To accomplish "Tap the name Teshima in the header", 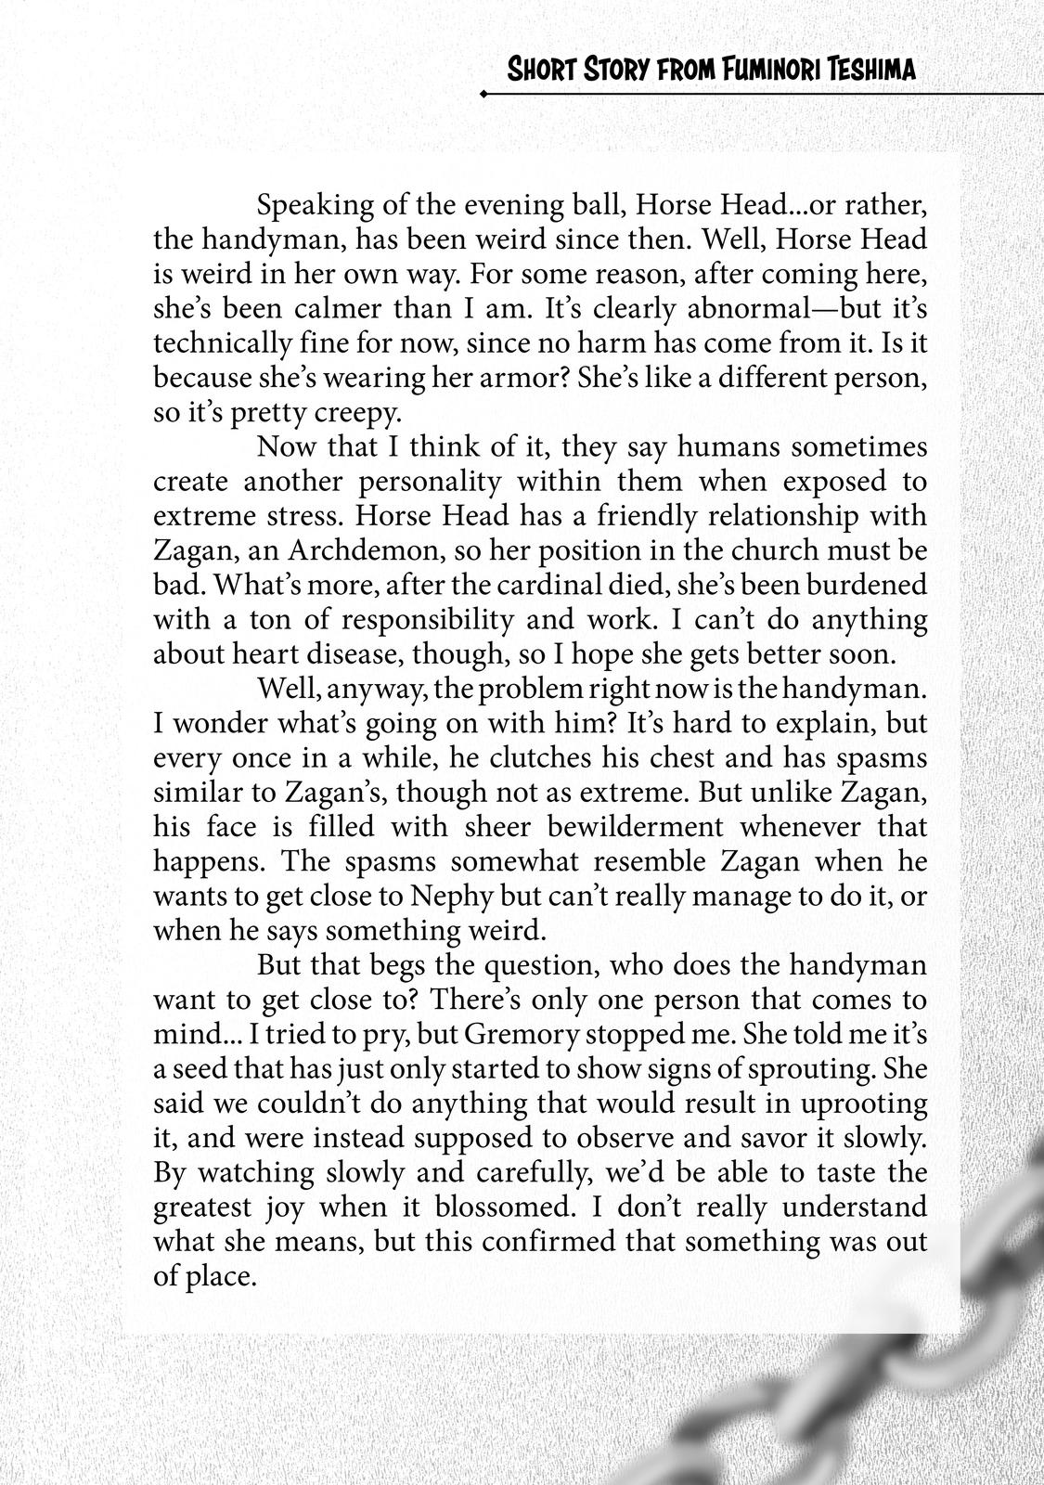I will coord(869,69).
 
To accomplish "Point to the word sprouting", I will coord(806,1068).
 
